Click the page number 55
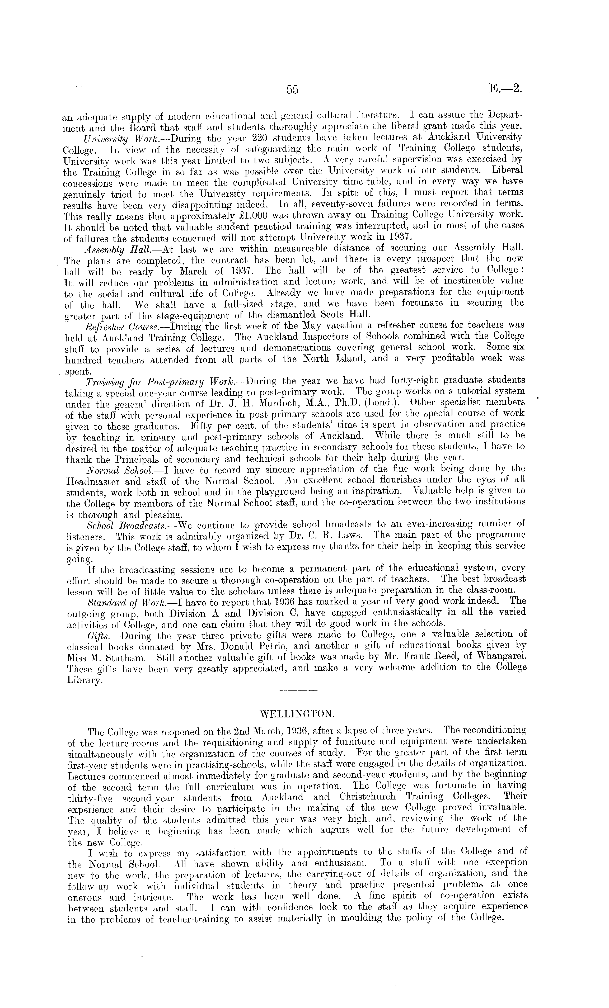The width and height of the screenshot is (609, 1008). [x=293, y=89]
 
